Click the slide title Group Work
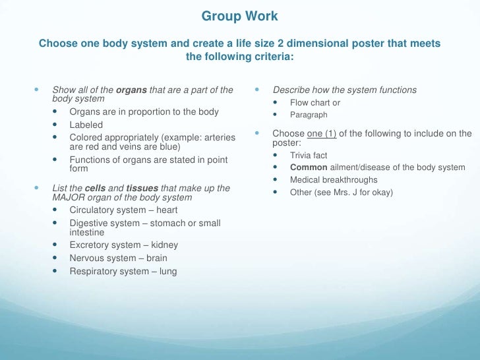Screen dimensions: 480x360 [239, 16]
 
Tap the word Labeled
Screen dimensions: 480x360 [86, 125]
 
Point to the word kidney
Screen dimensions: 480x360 [164, 245]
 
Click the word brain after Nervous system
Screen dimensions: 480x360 [156, 258]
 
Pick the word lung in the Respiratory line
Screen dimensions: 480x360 [167, 271]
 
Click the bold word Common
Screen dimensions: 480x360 [309, 167]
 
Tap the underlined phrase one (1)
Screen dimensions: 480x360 [322, 134]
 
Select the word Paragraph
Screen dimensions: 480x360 [309, 115]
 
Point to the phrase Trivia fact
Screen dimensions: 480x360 [309, 155]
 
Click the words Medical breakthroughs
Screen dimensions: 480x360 [334, 180]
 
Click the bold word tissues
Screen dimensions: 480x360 [142, 189]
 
